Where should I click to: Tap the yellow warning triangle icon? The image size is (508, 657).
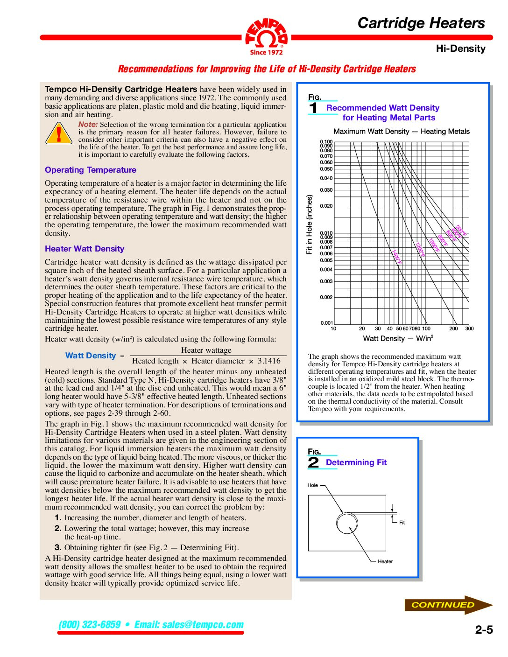59,133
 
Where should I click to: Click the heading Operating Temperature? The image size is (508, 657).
91,170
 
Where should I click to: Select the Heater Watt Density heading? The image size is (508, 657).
85,249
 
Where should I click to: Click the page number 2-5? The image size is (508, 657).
484,630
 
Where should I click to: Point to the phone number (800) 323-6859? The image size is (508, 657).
90,624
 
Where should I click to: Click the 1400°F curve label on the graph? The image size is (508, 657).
396,257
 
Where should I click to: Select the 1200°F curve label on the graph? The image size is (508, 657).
420,249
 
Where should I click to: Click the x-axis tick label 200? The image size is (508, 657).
453,328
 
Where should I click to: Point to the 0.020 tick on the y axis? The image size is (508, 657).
326,206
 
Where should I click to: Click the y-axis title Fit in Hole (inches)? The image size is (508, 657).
309,224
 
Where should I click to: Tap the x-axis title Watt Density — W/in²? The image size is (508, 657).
398,338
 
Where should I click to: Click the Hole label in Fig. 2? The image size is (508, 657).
313,485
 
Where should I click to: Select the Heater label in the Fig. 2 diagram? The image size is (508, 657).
385,561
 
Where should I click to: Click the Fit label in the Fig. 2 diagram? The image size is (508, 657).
402,523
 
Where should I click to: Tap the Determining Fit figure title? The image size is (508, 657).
356,462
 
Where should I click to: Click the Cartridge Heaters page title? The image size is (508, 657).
421,23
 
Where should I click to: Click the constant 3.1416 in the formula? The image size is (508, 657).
269,361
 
